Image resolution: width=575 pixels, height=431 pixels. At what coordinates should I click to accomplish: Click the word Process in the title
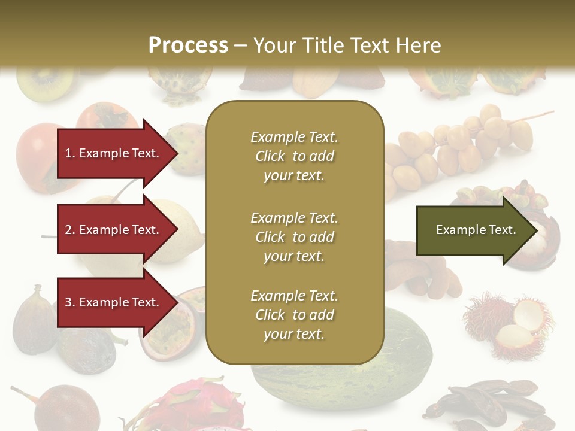[x=188, y=45]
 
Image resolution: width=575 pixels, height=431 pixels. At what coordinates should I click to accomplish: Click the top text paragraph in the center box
[x=294, y=156]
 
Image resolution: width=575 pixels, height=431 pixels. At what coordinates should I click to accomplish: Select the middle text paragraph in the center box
[x=294, y=237]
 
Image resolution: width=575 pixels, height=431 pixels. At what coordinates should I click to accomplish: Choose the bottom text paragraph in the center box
[x=294, y=315]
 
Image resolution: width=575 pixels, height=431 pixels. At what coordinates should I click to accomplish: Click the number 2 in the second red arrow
[x=68, y=230]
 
